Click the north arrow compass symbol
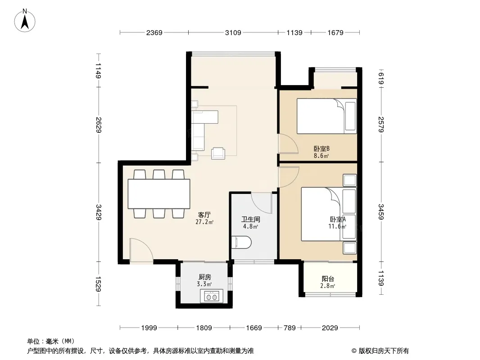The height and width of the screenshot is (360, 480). (x=25, y=20)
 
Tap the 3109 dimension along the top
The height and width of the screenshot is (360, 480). (x=233, y=32)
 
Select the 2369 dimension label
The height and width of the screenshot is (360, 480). (x=154, y=32)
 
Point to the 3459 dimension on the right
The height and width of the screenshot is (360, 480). (x=381, y=211)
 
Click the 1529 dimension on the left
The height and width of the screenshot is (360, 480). (x=98, y=284)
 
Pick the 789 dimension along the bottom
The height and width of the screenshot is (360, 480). (x=290, y=328)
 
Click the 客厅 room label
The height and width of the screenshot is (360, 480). (x=204, y=215)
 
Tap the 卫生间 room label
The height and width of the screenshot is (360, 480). (x=251, y=219)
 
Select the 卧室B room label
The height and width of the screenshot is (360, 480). (x=322, y=148)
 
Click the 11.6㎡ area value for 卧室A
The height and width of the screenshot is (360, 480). (x=337, y=227)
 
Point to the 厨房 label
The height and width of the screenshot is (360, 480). (x=204, y=277)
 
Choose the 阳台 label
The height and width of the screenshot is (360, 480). (x=327, y=279)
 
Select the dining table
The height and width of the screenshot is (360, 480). (x=159, y=194)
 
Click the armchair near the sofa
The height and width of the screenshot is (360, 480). (x=218, y=153)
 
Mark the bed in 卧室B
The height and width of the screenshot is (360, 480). (x=326, y=116)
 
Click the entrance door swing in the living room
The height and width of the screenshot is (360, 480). (x=141, y=251)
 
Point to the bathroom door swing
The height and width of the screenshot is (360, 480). (x=262, y=203)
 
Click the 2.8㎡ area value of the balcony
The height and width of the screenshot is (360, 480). (x=327, y=286)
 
